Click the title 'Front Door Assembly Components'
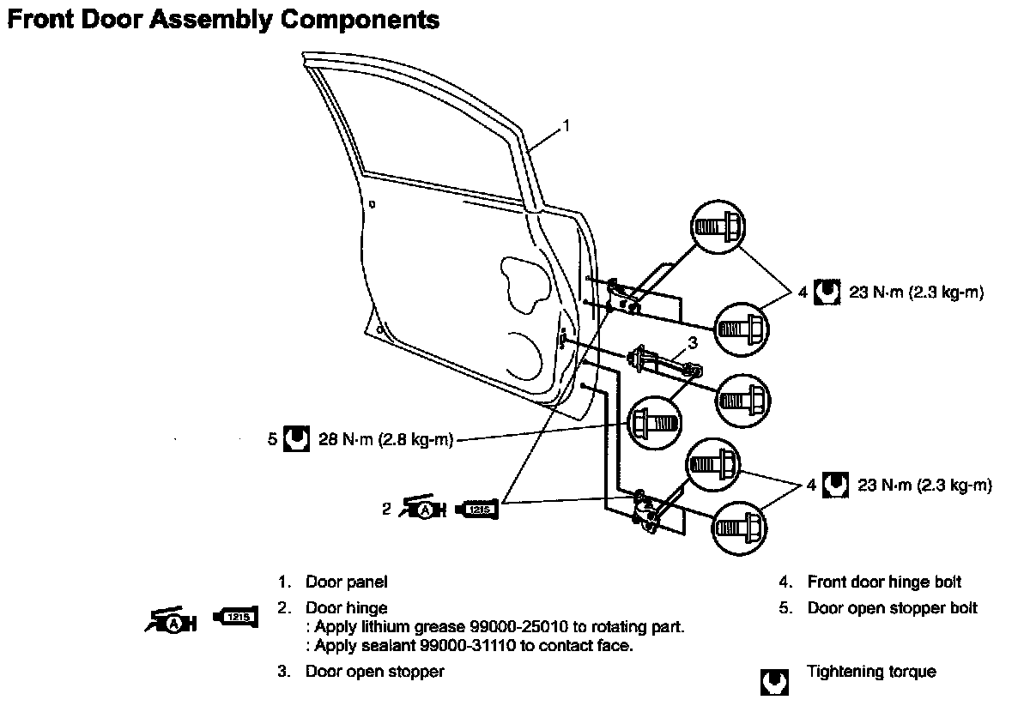point(223,21)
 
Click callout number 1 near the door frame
point(566,126)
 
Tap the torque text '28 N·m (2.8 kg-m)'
point(385,439)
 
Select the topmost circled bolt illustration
point(718,226)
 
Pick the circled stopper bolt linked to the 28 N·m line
point(655,422)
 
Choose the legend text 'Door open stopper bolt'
point(892,608)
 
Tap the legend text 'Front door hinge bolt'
point(884,582)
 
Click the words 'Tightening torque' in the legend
point(871,672)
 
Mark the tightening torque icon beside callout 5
point(296,438)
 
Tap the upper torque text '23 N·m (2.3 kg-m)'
point(916,293)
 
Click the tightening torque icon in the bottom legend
point(775,682)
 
